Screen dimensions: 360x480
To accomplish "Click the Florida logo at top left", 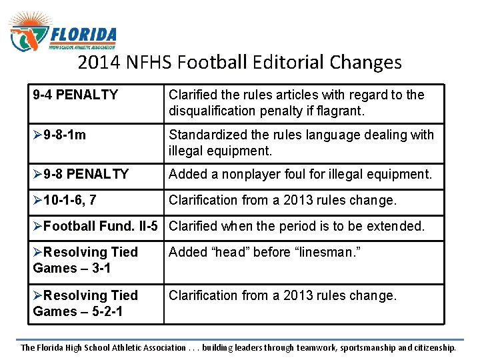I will pos(63,33).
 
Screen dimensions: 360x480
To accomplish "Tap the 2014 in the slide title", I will pos(96,63).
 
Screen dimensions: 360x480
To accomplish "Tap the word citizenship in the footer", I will pos(431,347).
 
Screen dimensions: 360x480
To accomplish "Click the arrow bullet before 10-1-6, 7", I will pos(37,200).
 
